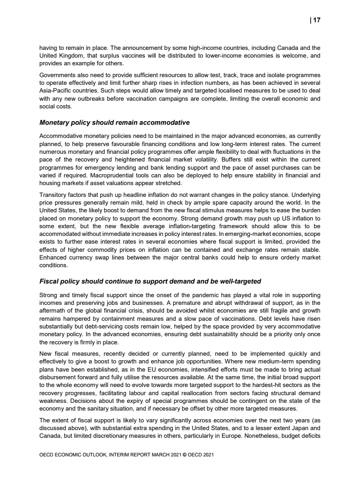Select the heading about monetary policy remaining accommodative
coord(114,122)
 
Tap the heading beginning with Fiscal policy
coord(150,281)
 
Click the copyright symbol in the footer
coord(184,454)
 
